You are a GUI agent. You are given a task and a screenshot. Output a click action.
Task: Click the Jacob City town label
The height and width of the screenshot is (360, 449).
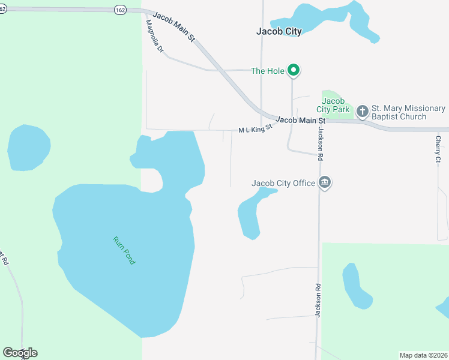coord(279,32)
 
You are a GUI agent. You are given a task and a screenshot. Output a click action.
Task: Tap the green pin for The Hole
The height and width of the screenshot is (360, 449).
coord(293,71)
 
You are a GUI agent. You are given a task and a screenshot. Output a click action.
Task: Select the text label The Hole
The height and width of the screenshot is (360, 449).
coord(267,71)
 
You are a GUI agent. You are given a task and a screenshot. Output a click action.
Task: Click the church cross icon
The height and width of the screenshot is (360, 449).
coord(362,112)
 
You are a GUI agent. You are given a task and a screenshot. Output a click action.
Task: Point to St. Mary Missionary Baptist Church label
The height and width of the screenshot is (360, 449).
coord(408,112)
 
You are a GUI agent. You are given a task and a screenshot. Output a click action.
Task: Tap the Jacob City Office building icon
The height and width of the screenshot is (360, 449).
coord(325,182)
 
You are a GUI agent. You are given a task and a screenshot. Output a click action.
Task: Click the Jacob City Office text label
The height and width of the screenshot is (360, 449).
coord(283,183)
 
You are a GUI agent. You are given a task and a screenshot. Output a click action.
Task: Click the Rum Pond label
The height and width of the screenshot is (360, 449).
coord(124,251)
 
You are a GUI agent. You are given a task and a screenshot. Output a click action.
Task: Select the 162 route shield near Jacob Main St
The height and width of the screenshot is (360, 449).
coord(121,10)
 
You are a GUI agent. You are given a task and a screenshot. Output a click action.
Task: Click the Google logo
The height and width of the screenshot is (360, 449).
coord(20,353)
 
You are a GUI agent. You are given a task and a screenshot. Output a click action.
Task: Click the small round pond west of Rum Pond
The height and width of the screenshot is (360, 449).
coord(28,147)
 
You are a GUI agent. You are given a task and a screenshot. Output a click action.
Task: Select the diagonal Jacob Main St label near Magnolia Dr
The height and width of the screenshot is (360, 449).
coord(174,26)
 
